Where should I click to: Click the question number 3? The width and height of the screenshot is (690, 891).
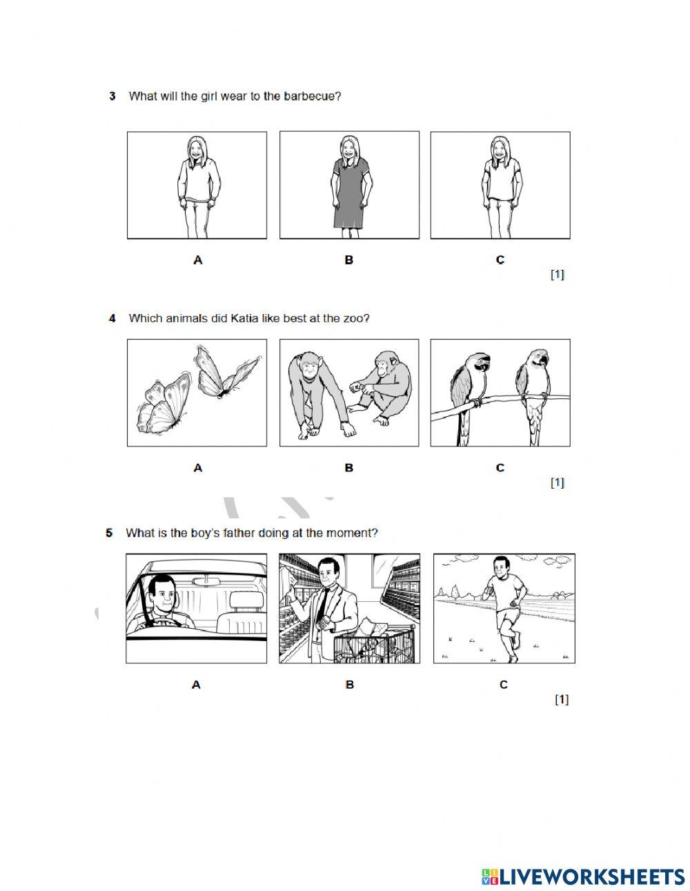pyautogui.click(x=112, y=97)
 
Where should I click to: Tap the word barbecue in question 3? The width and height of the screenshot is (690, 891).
pyautogui.click(x=315, y=97)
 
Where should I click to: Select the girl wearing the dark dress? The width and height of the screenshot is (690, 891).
pyautogui.click(x=349, y=186)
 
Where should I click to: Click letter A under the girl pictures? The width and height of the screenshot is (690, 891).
pyautogui.click(x=198, y=260)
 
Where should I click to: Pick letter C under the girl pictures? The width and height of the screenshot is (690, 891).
pyautogui.click(x=500, y=260)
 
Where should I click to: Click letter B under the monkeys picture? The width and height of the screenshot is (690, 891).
pyautogui.click(x=349, y=468)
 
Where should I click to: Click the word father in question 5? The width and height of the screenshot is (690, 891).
pyautogui.click(x=217, y=533)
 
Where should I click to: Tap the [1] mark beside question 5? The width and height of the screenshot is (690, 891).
pyautogui.click(x=562, y=699)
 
